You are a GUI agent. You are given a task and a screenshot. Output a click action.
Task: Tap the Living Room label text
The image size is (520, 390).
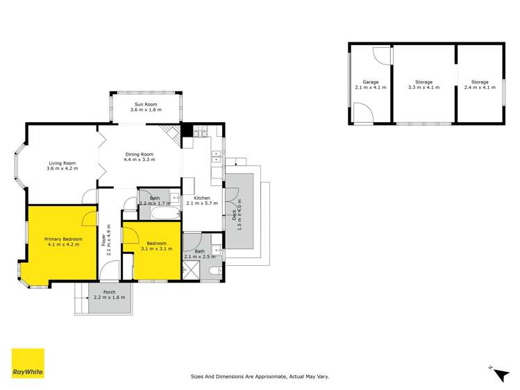pos(62,162)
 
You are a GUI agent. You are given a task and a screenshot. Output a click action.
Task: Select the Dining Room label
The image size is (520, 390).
pos(140,154)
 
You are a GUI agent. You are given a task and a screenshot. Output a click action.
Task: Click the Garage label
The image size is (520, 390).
pos(370,82)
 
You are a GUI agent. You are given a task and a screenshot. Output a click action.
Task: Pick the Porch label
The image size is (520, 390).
pos(109,292)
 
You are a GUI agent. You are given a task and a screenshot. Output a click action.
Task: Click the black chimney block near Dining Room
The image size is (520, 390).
pos(186,129)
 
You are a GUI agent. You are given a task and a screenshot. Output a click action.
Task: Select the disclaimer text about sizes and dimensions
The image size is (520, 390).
pos(260,377)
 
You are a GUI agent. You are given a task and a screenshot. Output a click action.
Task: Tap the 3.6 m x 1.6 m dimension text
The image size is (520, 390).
pos(145,110)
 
